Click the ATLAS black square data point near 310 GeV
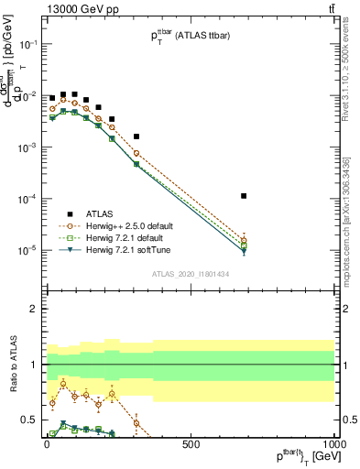136,136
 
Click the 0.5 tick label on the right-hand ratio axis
349,420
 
